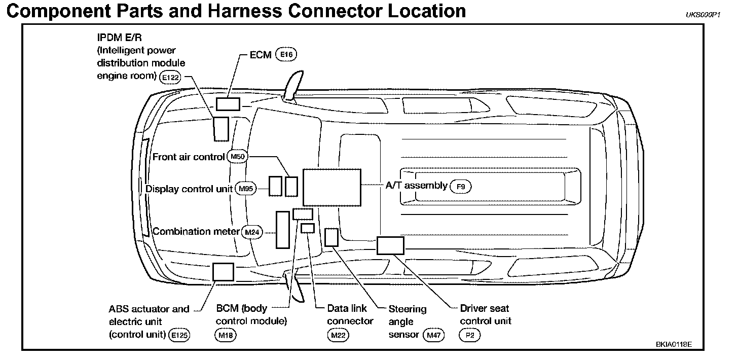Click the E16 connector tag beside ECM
tap(286, 55)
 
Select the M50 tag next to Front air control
tap(237, 157)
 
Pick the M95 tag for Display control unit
tap(246, 189)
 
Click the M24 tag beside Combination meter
tap(252, 232)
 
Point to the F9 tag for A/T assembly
tap(461, 187)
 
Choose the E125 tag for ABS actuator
tap(179, 335)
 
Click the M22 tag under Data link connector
tap(338, 335)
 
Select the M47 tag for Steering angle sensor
tap(433, 335)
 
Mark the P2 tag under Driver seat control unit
tap(469, 335)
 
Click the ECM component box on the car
tap(228, 104)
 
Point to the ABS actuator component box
tap(223, 272)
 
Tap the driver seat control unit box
tap(390, 245)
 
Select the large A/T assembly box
tap(331, 187)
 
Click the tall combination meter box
tap(282, 230)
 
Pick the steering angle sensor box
tap(331, 237)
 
